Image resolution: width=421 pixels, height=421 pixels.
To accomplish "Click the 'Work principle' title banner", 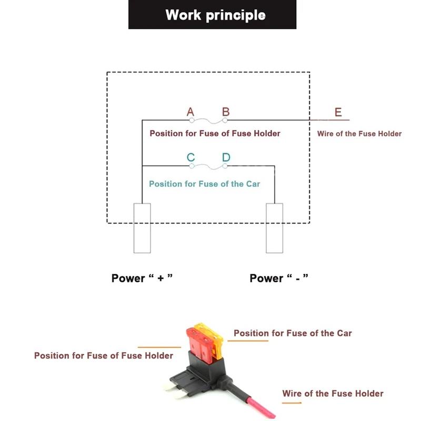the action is point(212,15).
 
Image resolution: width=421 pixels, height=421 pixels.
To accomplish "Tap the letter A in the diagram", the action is point(191,112).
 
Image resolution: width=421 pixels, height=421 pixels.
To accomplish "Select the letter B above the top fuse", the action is point(226,112).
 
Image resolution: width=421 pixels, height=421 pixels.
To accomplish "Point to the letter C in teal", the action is point(191,157).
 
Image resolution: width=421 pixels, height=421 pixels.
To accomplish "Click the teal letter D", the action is point(226,157).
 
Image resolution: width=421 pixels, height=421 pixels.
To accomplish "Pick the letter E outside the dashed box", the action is point(338,112).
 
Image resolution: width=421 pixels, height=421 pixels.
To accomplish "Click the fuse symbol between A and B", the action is point(208,121).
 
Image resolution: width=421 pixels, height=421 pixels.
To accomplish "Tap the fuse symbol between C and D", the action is point(208,167).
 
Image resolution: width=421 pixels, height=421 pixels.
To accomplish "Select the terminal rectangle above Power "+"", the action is point(142,228).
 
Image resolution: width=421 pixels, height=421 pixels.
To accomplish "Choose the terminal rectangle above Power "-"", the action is point(274,228).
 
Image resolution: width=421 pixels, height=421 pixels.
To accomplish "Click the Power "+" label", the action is point(142,278).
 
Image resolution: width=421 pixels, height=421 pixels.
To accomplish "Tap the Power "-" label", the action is point(279,278).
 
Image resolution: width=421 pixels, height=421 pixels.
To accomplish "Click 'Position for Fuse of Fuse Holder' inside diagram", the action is point(215,134).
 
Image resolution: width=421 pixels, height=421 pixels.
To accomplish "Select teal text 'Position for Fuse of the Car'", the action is point(205,184).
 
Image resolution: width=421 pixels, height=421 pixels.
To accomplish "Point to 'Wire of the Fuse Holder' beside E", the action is point(359,134).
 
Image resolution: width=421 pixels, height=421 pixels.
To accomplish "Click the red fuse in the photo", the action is point(199,343).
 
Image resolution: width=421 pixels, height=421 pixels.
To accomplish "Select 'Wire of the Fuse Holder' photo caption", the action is point(333,394).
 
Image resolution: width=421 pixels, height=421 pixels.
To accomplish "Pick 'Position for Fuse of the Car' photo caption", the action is point(293,333).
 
